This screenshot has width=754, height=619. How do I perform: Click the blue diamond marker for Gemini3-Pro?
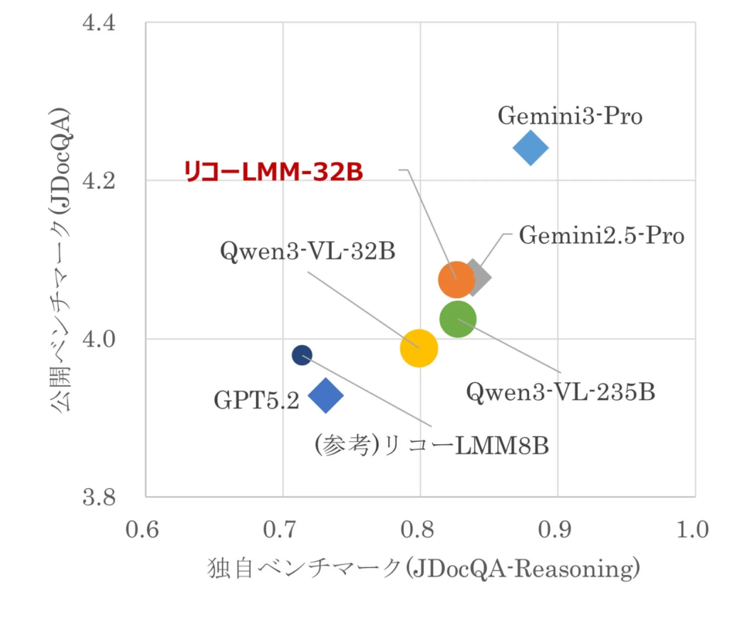click(x=531, y=148)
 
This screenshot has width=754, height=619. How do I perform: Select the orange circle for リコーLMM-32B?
click(x=455, y=280)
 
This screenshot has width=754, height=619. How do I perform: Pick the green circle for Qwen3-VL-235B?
click(x=458, y=319)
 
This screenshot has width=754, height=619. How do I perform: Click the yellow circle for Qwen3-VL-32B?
click(x=419, y=347)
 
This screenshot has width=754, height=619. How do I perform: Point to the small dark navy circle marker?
click(x=302, y=355)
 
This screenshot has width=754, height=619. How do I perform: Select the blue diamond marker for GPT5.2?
click(x=326, y=395)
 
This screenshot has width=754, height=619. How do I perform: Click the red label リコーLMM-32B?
click(x=273, y=172)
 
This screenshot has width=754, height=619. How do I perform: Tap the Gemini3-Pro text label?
click(x=570, y=116)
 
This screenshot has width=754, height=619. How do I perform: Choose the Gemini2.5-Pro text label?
click(x=601, y=235)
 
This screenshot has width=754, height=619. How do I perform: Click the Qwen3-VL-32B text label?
click(x=308, y=251)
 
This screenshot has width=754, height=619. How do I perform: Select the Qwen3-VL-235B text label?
click(x=561, y=392)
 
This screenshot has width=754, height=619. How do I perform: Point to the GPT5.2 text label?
click(x=256, y=401)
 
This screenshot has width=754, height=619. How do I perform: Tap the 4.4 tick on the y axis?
click(x=98, y=22)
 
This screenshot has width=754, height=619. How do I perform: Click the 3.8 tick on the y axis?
click(x=98, y=497)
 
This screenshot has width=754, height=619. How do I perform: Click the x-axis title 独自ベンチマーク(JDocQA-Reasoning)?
click(x=424, y=571)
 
